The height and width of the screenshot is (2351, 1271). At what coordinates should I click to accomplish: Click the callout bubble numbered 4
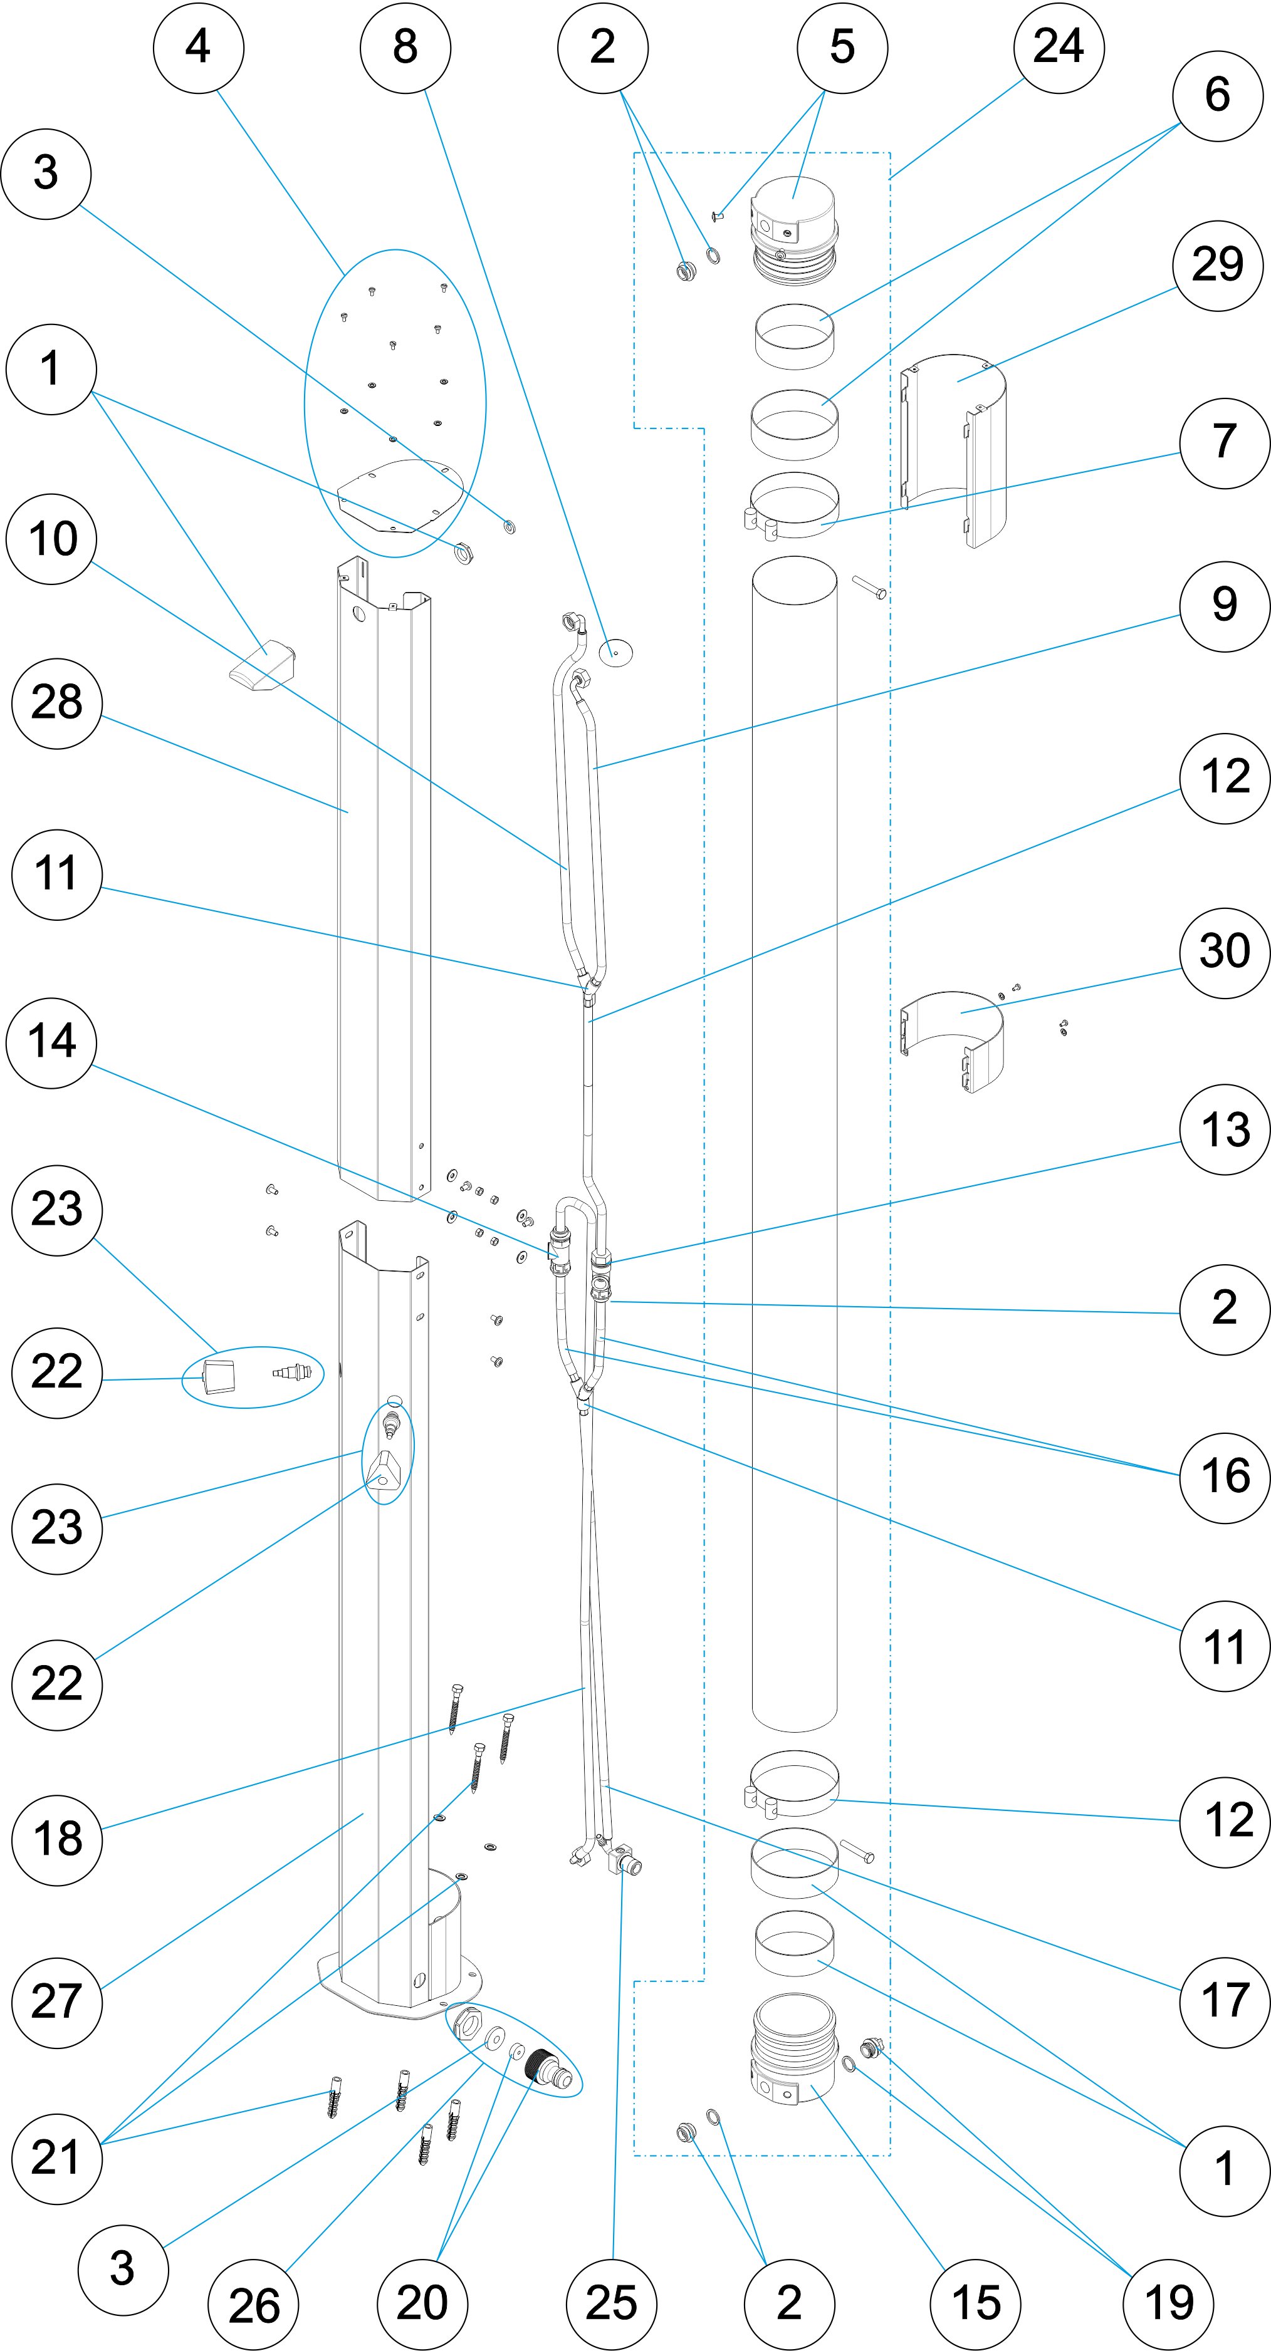point(198,48)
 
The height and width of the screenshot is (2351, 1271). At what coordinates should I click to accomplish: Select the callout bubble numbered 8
point(405,48)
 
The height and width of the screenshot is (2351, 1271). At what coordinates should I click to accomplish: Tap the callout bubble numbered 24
point(1059,48)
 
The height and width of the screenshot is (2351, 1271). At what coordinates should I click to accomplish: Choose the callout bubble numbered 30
point(1225,953)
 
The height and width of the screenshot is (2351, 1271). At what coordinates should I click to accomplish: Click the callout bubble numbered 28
point(56,703)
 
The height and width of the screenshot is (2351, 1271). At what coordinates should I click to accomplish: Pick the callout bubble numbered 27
point(56,2002)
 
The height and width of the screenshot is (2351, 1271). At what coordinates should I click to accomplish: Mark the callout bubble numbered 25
point(611,2303)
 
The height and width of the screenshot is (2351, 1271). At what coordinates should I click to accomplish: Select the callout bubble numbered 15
point(976,2303)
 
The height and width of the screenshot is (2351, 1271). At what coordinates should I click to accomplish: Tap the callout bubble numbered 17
point(1225,2002)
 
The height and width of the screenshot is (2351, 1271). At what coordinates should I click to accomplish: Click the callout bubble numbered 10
point(52,539)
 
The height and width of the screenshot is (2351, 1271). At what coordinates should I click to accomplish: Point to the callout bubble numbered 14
point(52,1042)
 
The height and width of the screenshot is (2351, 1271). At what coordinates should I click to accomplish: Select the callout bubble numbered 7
point(1225,444)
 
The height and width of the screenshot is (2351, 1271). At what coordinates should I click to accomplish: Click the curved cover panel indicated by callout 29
point(954,447)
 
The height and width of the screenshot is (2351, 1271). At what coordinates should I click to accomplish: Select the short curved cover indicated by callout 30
point(953,1041)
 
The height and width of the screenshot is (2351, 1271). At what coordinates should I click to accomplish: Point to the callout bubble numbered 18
point(56,1840)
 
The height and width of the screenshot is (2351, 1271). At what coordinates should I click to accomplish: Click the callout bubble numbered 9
point(1225,606)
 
